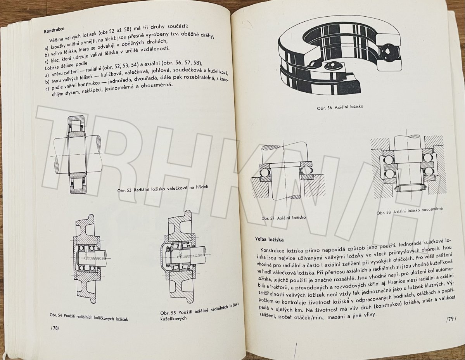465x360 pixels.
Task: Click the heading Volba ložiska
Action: (270, 239)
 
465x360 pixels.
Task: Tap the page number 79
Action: (451, 319)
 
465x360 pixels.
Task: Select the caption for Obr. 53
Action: (163, 189)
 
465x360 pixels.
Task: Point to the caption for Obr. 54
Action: (89, 317)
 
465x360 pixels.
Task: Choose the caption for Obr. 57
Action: (283, 218)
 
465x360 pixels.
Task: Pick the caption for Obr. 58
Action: (410, 211)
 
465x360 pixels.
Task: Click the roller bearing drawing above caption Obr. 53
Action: (78, 154)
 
